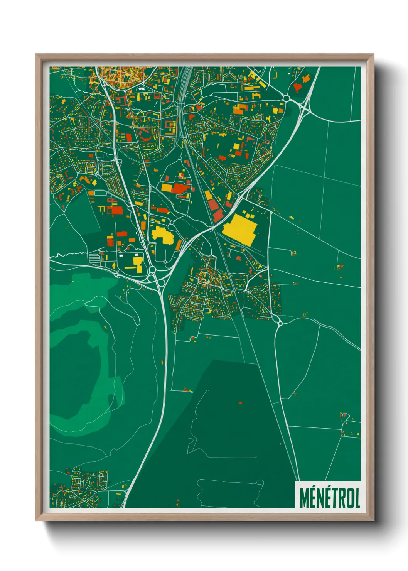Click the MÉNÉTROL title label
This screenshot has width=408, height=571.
point(329,497)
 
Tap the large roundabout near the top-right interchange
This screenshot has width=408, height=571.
point(286,98)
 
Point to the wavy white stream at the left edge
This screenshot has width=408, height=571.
point(67,255)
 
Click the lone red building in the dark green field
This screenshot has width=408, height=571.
point(240,403)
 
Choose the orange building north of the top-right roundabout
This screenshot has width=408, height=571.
point(306,79)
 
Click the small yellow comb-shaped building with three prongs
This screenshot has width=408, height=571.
point(102,209)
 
